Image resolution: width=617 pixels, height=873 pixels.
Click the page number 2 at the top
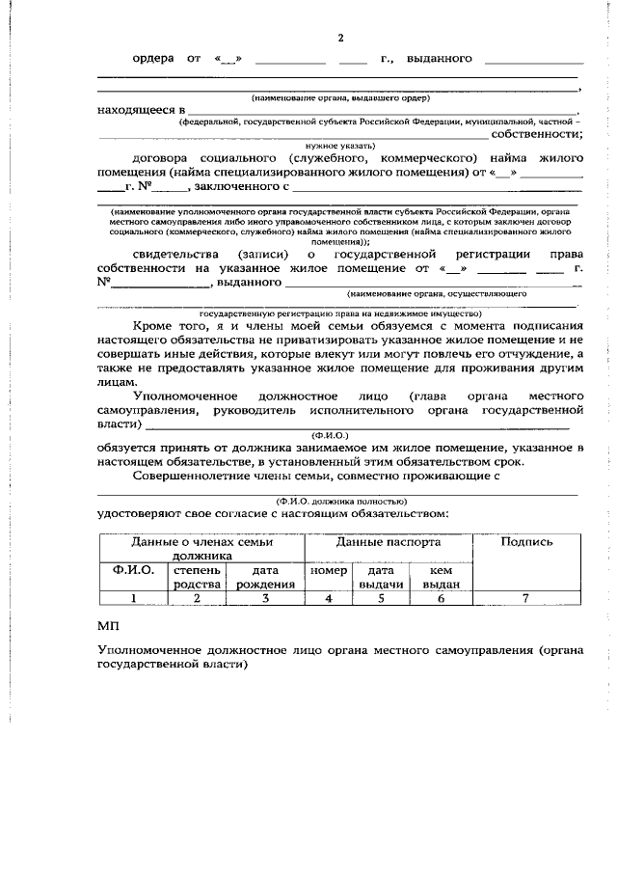click(339, 38)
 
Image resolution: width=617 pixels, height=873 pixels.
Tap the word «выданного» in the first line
click(439, 59)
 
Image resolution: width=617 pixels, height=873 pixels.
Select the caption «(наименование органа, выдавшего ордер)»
click(339, 98)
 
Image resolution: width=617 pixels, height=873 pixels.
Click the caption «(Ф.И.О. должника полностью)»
click(340, 501)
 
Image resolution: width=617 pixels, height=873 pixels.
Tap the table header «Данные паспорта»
click(386, 542)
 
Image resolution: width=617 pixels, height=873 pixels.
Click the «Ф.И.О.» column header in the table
click(133, 570)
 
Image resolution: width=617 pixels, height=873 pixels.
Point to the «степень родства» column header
click(198, 577)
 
